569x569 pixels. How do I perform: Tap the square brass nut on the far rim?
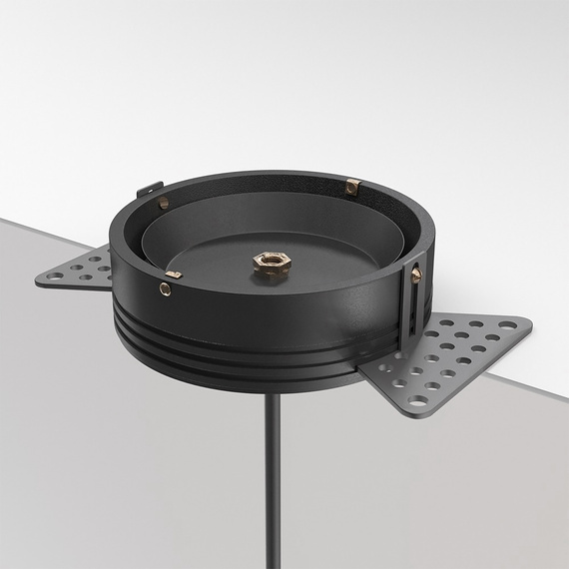click(351, 187)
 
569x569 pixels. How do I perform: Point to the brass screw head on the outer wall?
click(165, 290)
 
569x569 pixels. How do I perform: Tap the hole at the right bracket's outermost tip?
click(512, 323)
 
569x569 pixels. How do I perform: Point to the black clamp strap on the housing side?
click(411, 299)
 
